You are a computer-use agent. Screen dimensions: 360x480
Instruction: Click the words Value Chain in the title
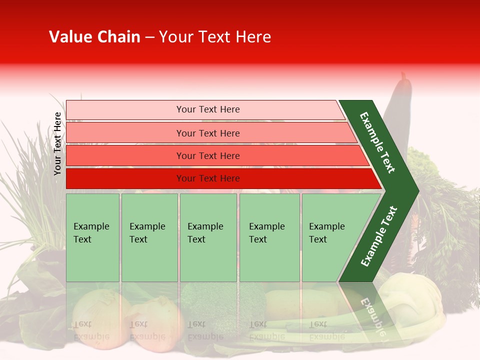[94, 37]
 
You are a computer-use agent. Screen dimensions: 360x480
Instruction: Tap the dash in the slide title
[149, 37]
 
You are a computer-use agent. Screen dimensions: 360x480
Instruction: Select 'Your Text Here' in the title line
[215, 37]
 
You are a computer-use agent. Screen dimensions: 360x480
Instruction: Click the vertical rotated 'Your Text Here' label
[57, 143]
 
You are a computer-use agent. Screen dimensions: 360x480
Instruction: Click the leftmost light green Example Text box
[92, 237]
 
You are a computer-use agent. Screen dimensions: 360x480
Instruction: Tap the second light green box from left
[149, 237]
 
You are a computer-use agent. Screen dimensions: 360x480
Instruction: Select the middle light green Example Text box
[208, 237]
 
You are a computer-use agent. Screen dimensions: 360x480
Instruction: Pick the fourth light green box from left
[269, 237]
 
